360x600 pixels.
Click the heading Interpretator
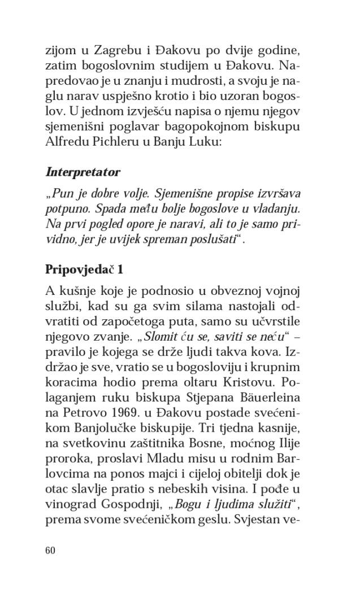pos(83,171)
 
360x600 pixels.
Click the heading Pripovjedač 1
pos(85,269)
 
